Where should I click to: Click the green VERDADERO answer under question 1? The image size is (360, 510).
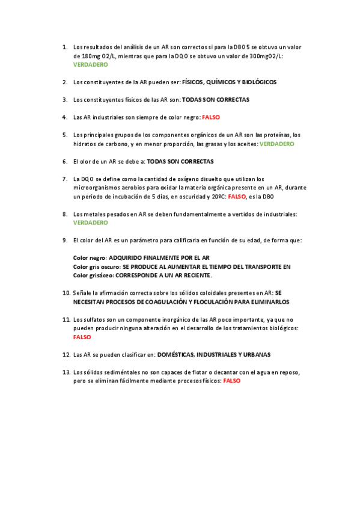90,64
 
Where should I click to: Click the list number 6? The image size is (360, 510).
64,162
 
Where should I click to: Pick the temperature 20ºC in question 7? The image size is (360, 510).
218,197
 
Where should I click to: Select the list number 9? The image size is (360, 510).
64,240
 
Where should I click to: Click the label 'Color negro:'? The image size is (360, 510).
90,257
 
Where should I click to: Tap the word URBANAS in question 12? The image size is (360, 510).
255,354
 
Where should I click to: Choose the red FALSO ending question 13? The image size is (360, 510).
231,381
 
